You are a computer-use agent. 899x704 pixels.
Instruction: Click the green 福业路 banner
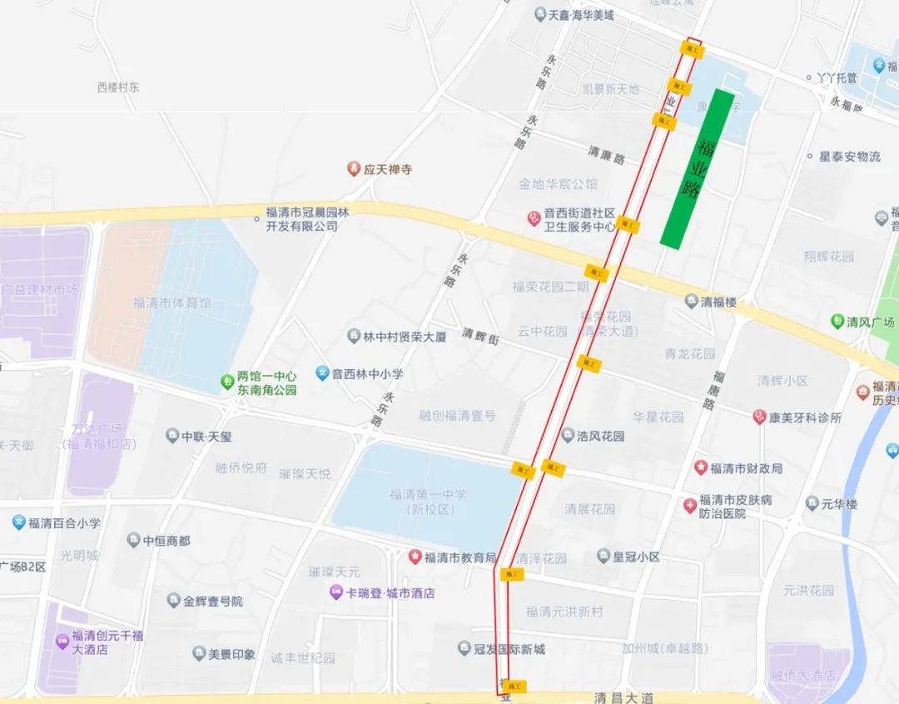click(x=698, y=168)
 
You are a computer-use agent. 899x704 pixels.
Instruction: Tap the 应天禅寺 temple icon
click(x=354, y=169)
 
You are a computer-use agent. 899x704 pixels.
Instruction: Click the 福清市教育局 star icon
click(x=415, y=557)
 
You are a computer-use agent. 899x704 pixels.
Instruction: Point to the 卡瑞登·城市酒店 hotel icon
click(x=335, y=593)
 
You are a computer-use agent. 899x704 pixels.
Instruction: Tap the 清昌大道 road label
click(x=624, y=697)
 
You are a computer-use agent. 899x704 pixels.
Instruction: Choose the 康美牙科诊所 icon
click(x=759, y=417)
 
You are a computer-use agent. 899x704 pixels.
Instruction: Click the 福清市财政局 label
click(x=747, y=468)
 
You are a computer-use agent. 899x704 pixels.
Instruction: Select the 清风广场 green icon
click(x=837, y=321)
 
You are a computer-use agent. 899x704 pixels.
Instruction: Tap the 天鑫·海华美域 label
click(x=580, y=15)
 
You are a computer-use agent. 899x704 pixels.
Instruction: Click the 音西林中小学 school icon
click(x=322, y=373)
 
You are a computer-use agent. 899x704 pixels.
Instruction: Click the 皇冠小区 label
click(x=636, y=556)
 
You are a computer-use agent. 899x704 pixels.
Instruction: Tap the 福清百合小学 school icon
click(x=18, y=522)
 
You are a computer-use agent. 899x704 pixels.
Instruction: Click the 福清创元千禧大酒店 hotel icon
click(x=62, y=642)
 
